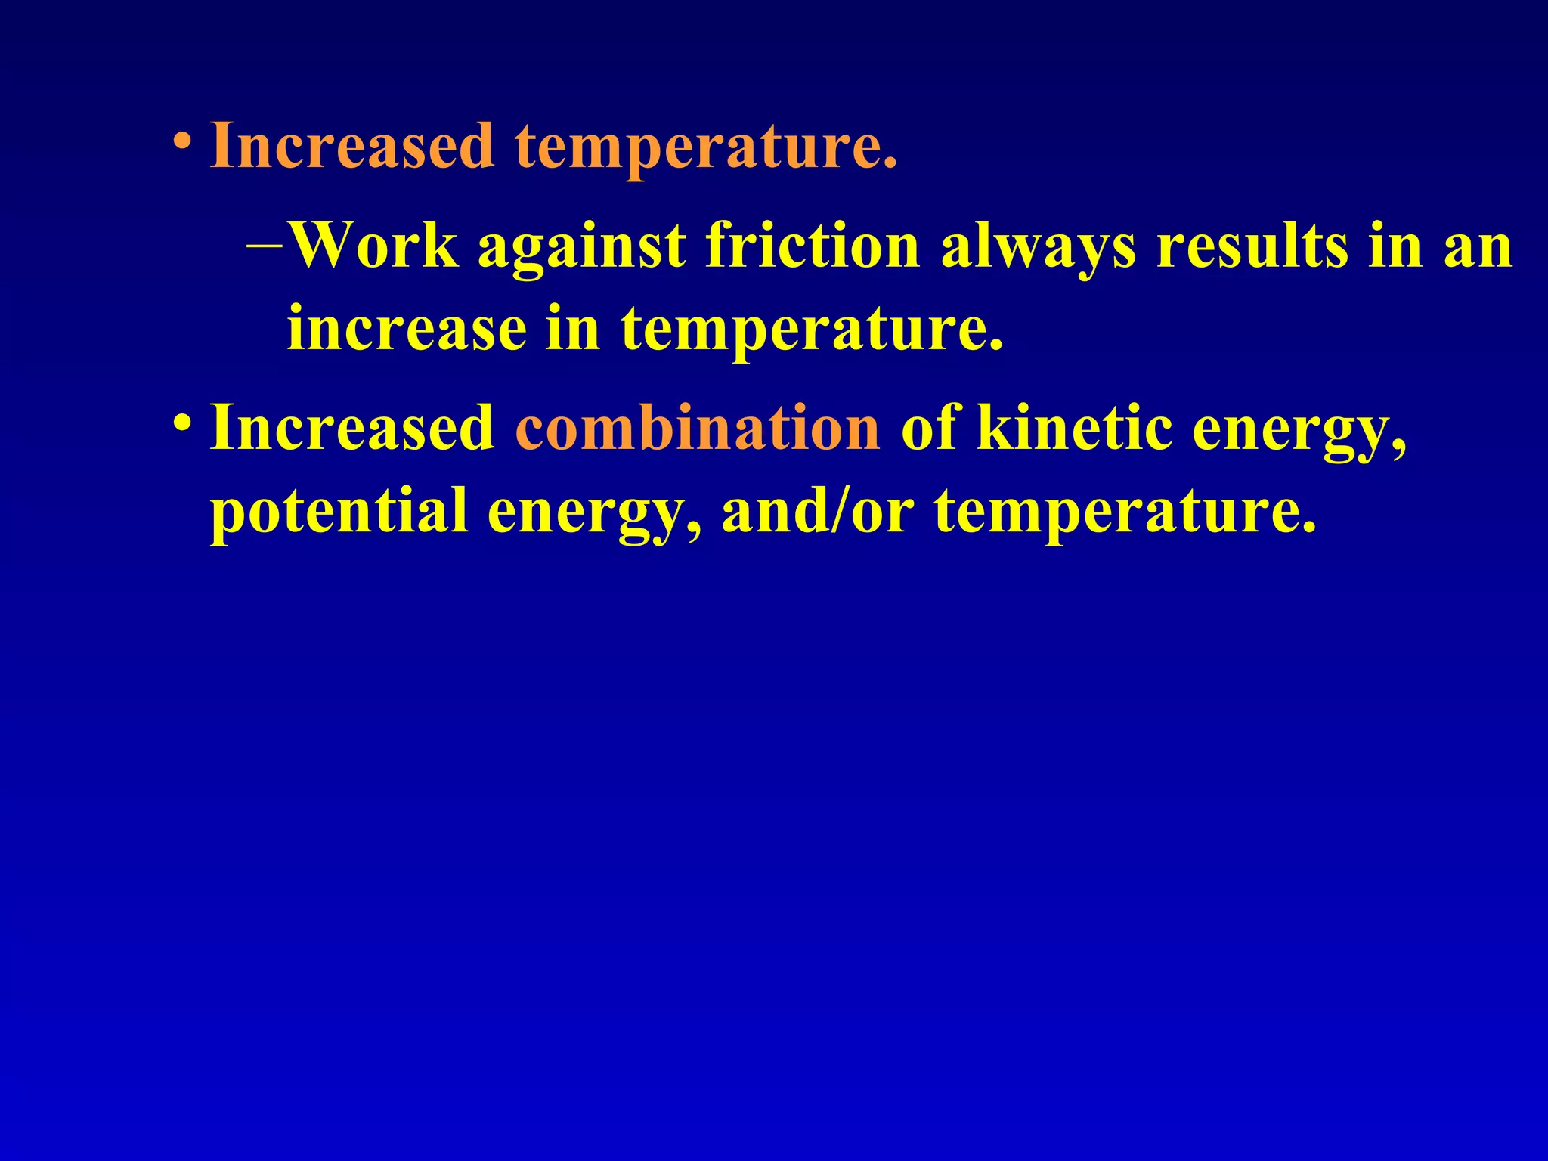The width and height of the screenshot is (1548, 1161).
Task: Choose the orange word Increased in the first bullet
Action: pyautogui.click(x=352, y=145)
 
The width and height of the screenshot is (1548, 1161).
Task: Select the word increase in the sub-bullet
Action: pyautogui.click(x=407, y=329)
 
